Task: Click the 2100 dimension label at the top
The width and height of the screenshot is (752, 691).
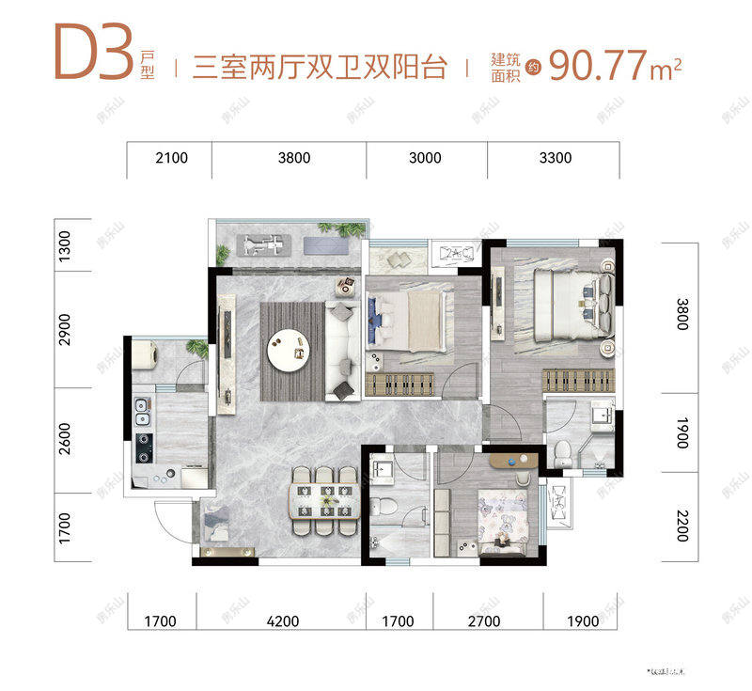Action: pyautogui.click(x=169, y=158)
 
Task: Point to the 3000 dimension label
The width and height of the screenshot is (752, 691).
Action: pyautogui.click(x=426, y=158)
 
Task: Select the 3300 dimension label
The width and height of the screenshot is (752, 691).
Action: pyautogui.click(x=556, y=158)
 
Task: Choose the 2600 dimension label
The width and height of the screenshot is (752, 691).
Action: pyautogui.click(x=65, y=439)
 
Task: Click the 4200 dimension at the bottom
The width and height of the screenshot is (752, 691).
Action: pyautogui.click(x=282, y=620)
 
